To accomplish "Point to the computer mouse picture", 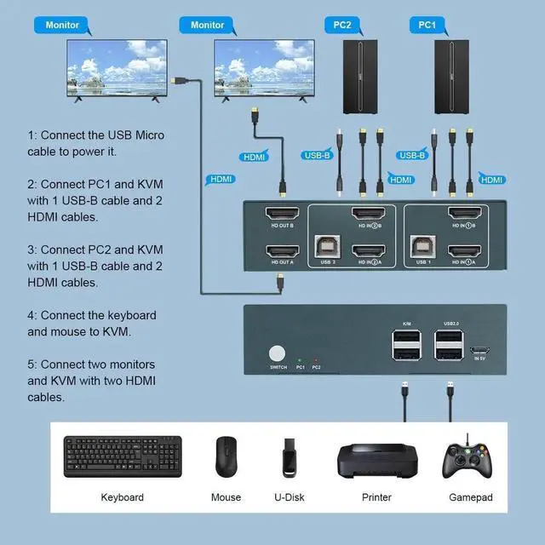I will tap(226, 458).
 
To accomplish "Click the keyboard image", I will tap(122, 457).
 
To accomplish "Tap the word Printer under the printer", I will tap(376, 497).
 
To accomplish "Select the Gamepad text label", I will tap(471, 497).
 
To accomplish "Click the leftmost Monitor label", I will tap(64, 26).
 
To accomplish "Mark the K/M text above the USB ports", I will tap(406, 324).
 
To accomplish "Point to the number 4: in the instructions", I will tap(32, 315).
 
